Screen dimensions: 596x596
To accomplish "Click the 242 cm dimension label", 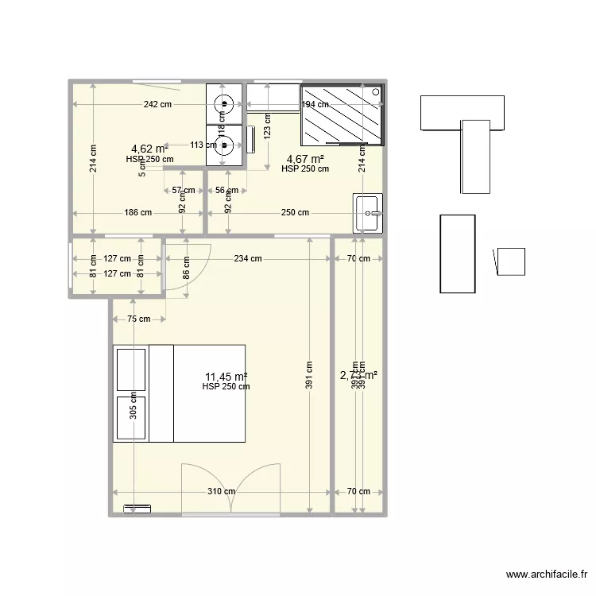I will tap(157, 104).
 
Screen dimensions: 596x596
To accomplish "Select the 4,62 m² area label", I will tap(149, 149).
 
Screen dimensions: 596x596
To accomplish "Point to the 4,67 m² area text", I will tap(305, 158).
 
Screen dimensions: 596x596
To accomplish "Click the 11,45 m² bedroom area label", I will tap(226, 377).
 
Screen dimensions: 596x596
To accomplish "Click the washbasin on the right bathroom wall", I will tap(369, 213).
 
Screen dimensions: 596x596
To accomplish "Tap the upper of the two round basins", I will tap(225, 103).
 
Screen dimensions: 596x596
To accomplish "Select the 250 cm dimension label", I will tap(295, 212).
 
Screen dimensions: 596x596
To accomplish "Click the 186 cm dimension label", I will tap(137, 212).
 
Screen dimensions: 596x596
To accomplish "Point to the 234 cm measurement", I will tap(249, 258).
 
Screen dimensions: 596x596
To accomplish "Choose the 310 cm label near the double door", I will tap(222, 491).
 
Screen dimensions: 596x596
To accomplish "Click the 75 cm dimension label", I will tap(138, 319).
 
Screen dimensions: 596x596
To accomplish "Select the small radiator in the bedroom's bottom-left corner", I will tap(136, 506).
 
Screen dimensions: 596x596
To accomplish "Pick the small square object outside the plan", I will tap(510, 261).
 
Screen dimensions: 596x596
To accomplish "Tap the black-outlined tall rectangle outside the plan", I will tap(458, 253).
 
